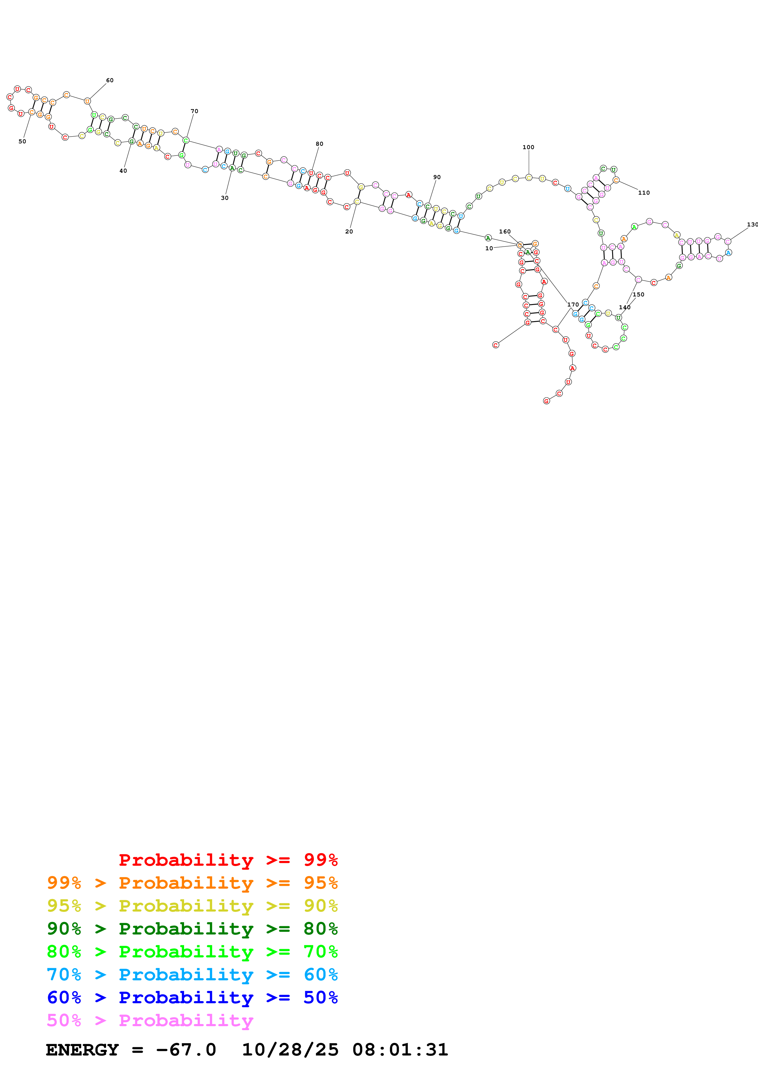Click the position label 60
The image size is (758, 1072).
[110, 80]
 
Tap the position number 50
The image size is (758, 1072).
[22, 141]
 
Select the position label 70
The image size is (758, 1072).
[194, 111]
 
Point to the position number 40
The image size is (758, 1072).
[123, 171]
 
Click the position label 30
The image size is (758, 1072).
[225, 198]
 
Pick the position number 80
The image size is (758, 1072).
[320, 144]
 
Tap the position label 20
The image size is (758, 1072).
[349, 232]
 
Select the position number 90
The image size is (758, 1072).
[437, 178]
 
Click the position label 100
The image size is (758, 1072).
[528, 147]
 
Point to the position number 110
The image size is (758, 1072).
[644, 193]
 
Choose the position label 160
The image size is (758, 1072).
[505, 232]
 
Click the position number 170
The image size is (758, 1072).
[573, 304]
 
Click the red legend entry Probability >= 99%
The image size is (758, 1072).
[228, 860]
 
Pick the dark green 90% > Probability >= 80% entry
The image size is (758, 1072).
[192, 929]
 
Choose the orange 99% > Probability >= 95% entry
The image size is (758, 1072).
[192, 883]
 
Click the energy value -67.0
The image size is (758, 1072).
[186, 1050]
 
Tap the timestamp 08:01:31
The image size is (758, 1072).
[400, 1050]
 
